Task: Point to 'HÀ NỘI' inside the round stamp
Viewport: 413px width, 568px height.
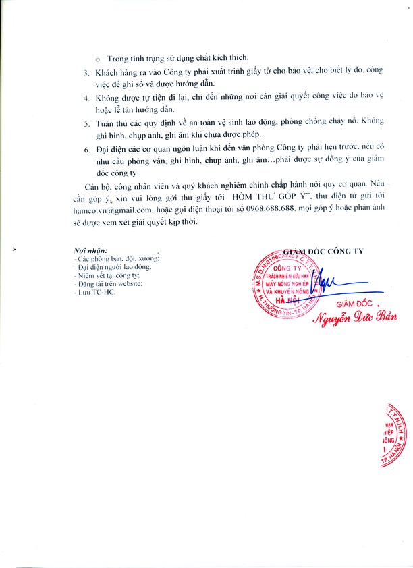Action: pyautogui.click(x=284, y=299)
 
